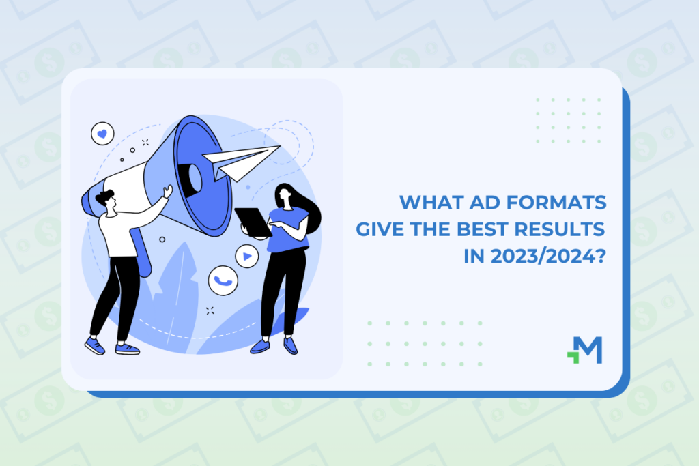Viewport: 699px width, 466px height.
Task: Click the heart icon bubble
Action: click(102, 133)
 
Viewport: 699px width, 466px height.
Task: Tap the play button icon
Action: click(247, 256)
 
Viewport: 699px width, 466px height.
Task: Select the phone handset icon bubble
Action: click(223, 280)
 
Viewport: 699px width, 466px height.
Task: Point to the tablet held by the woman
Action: click(253, 222)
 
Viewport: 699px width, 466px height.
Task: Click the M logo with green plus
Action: click(585, 350)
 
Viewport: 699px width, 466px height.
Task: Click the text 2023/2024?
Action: click(548, 256)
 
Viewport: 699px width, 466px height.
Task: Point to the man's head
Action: click(106, 201)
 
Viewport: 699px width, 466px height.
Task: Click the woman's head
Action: click(284, 196)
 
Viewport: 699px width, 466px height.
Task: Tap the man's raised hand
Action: click(168, 191)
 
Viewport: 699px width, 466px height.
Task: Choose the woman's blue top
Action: click(289, 230)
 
